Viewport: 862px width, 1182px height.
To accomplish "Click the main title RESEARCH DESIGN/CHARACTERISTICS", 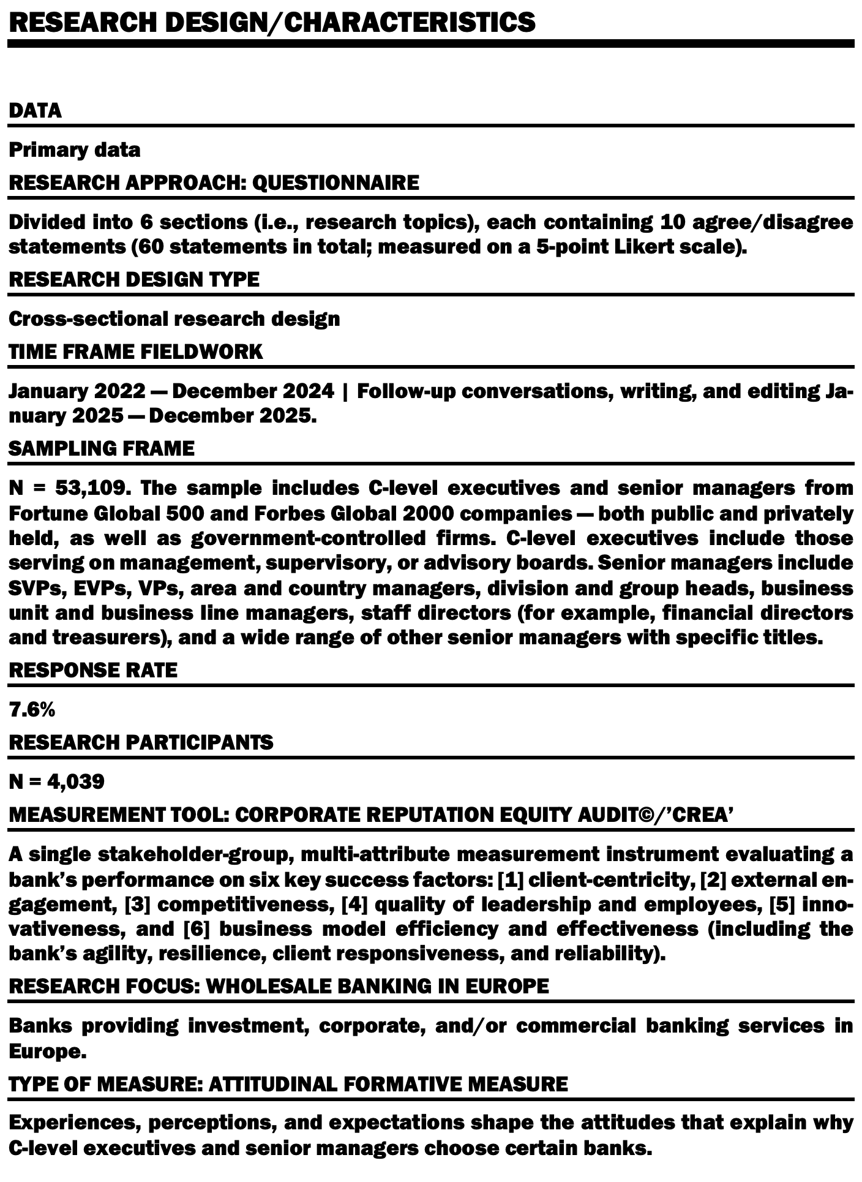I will point(272,23).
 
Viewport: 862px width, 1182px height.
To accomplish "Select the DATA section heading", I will point(35,111).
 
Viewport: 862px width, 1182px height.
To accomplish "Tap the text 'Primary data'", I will point(74,150).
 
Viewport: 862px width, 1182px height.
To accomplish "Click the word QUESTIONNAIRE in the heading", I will point(335,183).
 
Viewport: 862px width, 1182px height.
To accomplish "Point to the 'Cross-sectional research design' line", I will point(174,319).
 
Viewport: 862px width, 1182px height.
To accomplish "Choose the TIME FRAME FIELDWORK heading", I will point(135,352).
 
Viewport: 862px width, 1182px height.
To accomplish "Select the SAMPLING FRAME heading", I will point(101,448).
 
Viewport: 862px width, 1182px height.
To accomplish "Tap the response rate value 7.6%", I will point(32,710).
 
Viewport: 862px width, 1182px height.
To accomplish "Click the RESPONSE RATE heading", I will point(92,670).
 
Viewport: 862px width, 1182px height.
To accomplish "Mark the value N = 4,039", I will point(56,781).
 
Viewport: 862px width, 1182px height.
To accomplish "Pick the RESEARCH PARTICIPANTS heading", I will point(141,742).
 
